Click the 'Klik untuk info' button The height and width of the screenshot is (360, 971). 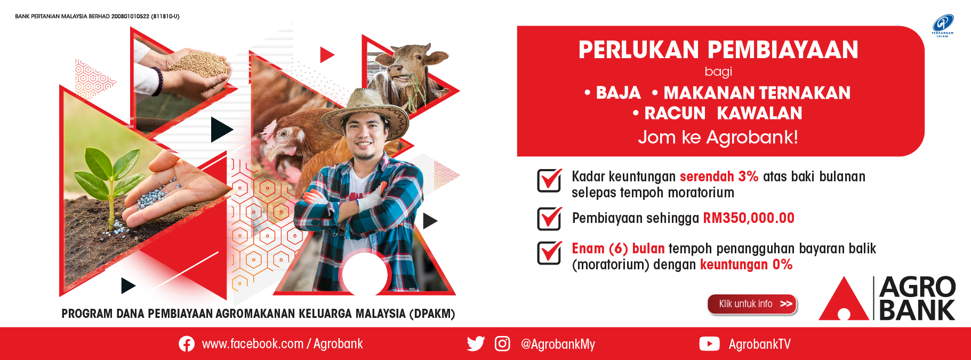tap(752, 304)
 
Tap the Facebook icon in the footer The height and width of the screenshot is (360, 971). tap(187, 344)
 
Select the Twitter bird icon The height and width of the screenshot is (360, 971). tap(476, 343)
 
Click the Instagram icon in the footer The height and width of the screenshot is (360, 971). tap(502, 343)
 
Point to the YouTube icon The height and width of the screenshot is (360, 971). tap(709, 344)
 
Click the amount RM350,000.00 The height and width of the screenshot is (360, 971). tap(749, 218)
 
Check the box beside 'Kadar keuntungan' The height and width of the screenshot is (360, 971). tap(549, 180)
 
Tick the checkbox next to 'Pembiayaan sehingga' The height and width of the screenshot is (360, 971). tap(549, 219)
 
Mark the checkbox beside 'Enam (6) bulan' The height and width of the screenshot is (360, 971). tap(549, 253)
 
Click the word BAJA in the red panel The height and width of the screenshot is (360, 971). tap(618, 93)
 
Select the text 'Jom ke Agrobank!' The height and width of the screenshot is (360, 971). tap(718, 137)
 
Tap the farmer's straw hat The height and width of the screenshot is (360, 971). tap(365, 109)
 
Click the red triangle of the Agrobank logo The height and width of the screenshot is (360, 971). tap(844, 298)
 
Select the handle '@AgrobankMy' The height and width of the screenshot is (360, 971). tap(558, 344)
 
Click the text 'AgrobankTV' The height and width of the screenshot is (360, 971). tap(759, 344)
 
